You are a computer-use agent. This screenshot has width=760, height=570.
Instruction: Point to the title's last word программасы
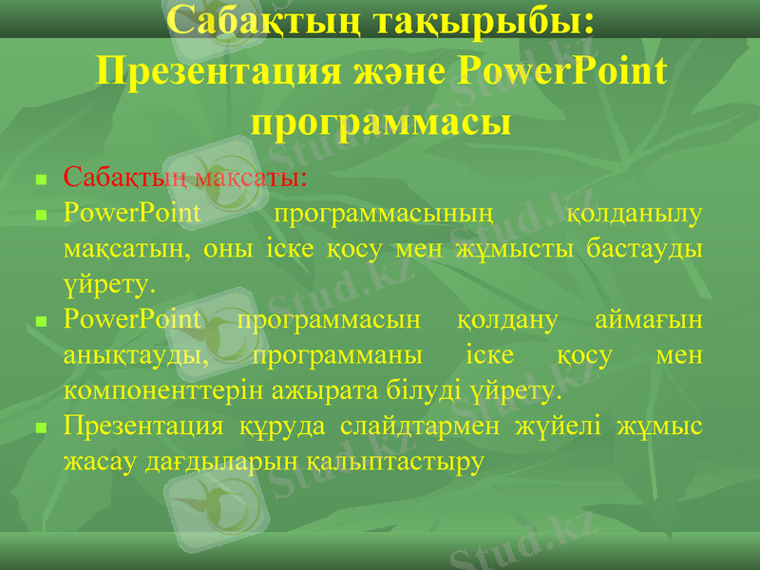point(381,121)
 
